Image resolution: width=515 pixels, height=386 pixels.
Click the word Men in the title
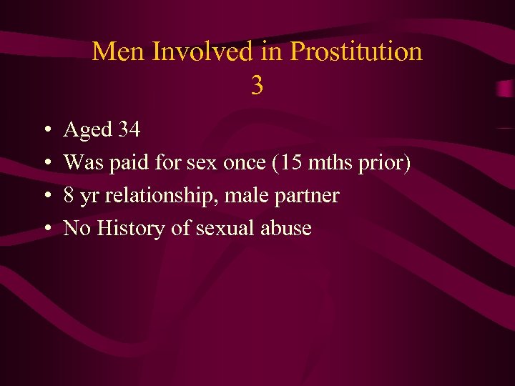(x=112, y=51)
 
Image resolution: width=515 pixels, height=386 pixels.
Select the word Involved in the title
(x=182, y=51)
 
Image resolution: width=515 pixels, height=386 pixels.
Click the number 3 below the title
(x=257, y=86)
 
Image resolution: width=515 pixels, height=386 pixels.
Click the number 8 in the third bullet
(x=69, y=195)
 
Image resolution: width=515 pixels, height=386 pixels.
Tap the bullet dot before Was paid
(x=45, y=164)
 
